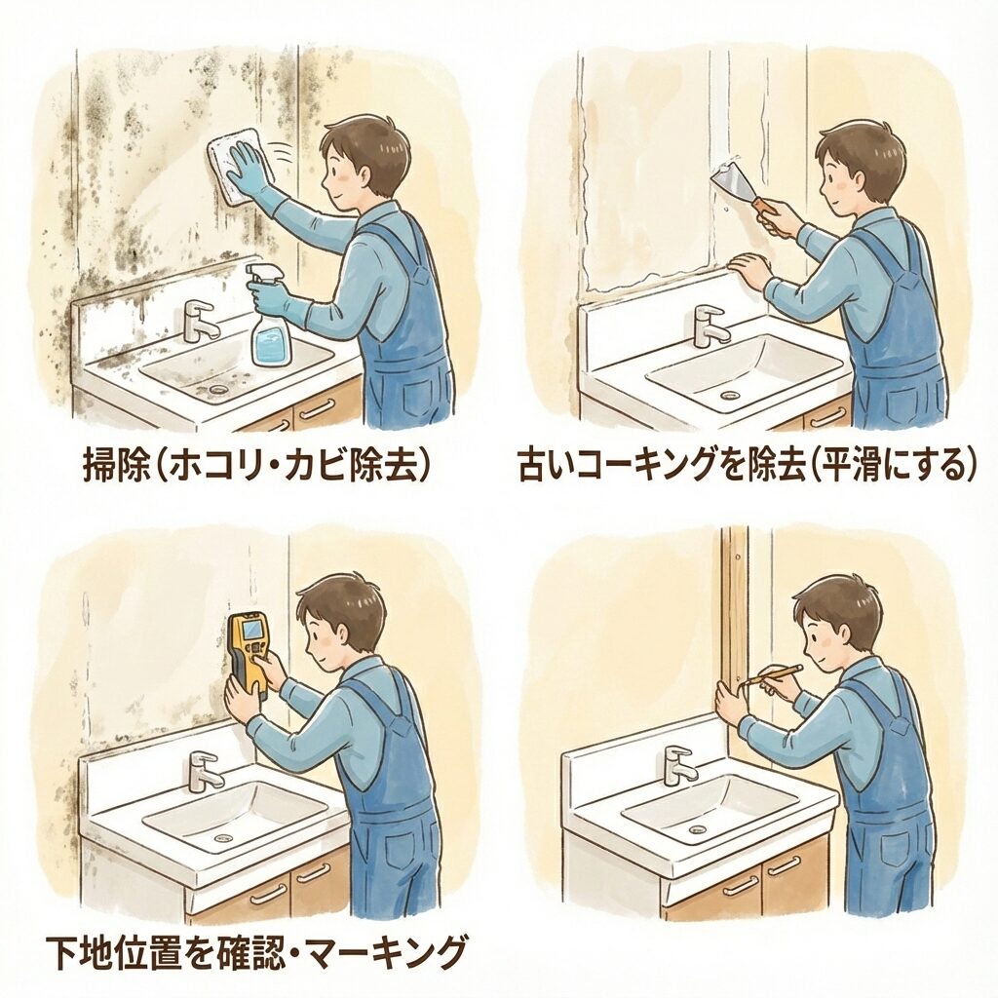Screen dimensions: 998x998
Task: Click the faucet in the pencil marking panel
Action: tap(678, 766)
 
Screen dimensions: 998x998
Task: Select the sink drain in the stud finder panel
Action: tap(222, 837)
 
